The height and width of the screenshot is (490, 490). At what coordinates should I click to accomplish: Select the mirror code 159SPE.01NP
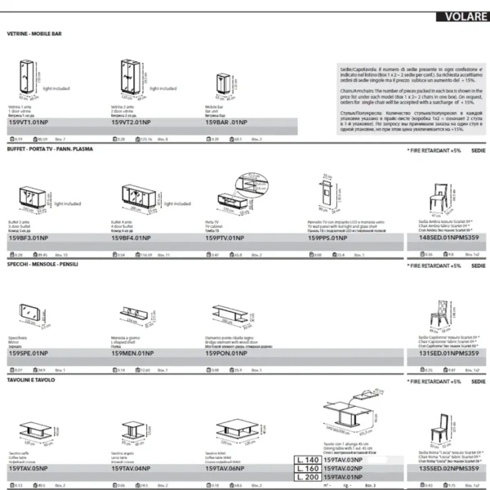click(29, 353)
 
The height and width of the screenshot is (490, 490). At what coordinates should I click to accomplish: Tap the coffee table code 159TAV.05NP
click(29, 468)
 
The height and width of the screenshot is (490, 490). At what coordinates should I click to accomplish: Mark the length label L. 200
click(307, 476)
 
